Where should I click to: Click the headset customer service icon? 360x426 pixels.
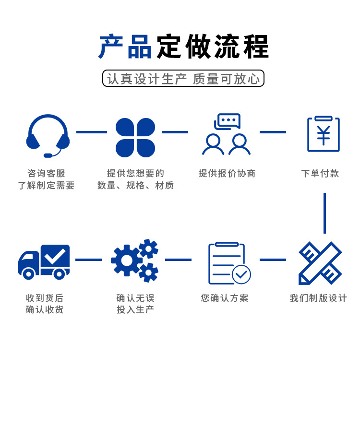point(48,136)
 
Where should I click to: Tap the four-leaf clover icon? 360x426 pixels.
point(135,138)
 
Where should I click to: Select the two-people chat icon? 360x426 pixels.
point(226,135)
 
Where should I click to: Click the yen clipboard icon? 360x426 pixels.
point(324,134)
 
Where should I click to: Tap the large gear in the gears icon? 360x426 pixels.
point(127,260)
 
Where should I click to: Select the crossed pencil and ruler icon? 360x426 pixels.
point(320,263)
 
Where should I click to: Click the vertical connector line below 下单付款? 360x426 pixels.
point(324,213)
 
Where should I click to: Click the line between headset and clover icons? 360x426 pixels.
point(91,132)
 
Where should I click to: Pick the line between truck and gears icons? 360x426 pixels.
point(88,260)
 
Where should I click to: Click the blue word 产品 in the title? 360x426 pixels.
point(125,47)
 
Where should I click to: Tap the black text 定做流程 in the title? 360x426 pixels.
point(213,47)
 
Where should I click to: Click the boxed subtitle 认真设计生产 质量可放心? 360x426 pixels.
point(183,79)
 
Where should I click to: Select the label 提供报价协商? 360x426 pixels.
point(227,174)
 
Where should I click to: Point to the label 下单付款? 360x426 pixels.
point(320,174)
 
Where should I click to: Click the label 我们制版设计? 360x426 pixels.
point(318,298)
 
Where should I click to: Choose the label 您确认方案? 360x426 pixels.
point(225,298)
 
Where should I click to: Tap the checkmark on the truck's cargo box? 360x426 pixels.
point(55,256)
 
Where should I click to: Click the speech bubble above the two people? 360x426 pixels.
point(228,120)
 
